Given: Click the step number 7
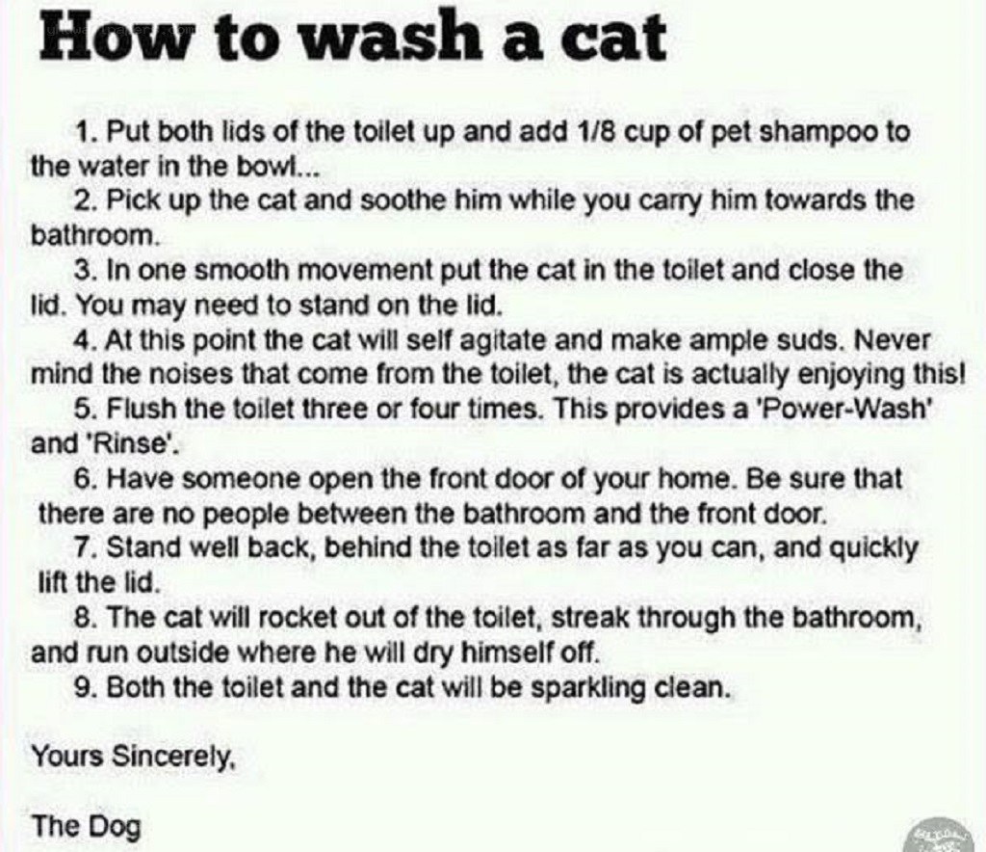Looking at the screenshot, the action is [84, 548].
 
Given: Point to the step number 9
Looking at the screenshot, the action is [84, 687].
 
